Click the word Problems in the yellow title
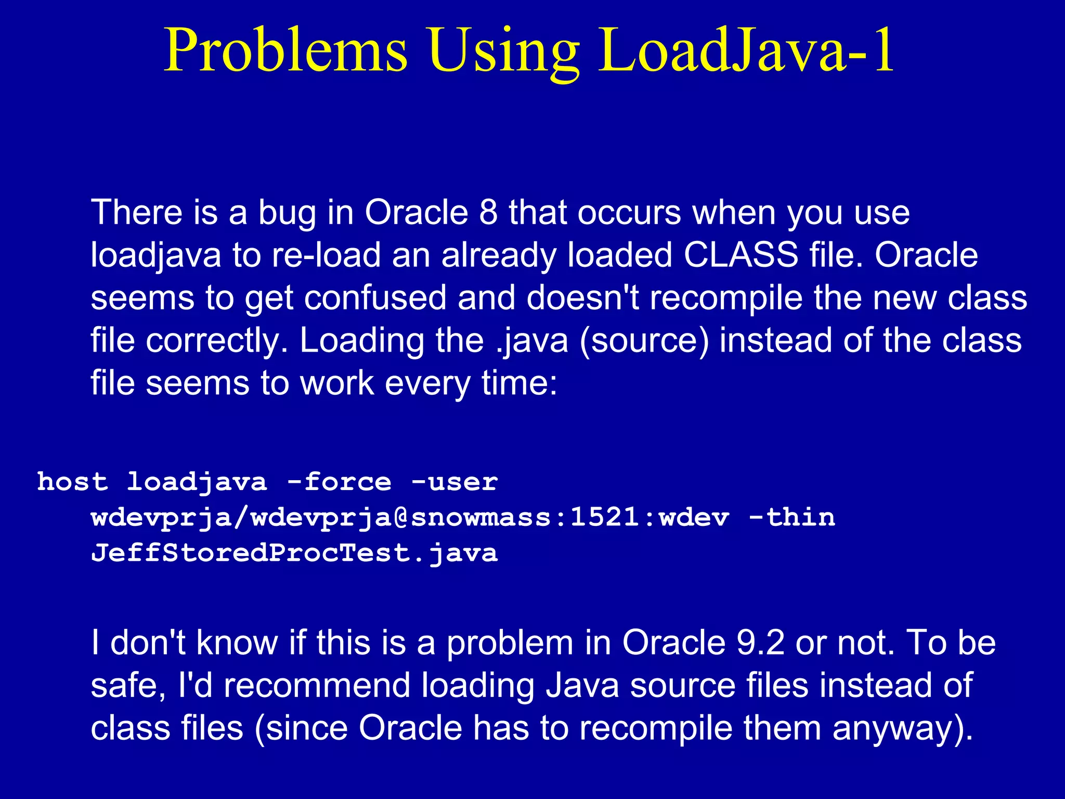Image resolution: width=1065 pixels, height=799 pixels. click(285, 51)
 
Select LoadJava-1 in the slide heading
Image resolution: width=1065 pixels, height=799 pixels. click(746, 51)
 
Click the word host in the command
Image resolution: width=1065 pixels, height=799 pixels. click(73, 482)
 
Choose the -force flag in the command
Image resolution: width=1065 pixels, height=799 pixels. click(339, 482)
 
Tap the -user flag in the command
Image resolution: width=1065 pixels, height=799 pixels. click(454, 482)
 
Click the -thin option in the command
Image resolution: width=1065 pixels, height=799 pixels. click(791, 518)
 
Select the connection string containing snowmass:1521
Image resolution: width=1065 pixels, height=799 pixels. click(410, 518)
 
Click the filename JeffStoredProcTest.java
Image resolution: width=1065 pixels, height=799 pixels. click(294, 553)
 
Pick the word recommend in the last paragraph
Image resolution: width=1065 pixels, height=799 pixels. click(317, 685)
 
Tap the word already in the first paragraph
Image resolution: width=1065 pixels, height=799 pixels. click(499, 256)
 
